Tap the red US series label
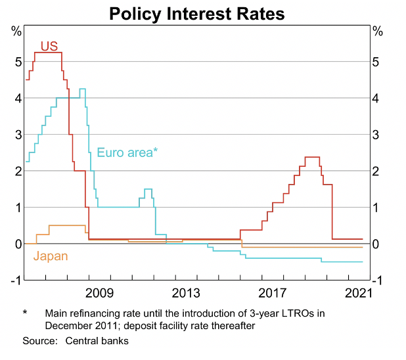click(x=50, y=46)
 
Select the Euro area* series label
click(x=127, y=152)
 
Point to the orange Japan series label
click(x=51, y=256)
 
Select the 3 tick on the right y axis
click(x=376, y=135)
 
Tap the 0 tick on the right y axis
click(x=376, y=244)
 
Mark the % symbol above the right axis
click(x=377, y=30)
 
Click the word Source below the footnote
click(x=40, y=341)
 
